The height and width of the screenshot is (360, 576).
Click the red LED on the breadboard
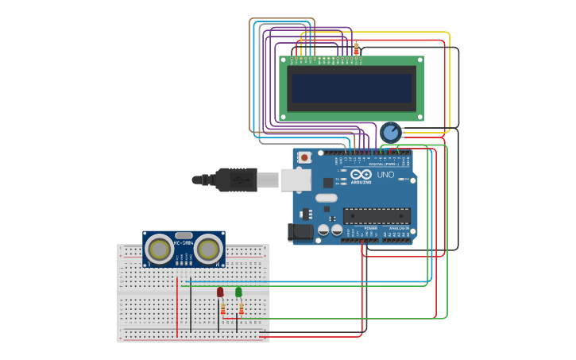(220, 292)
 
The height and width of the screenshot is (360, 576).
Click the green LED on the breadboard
(238, 292)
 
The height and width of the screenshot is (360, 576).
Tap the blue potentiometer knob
(390, 132)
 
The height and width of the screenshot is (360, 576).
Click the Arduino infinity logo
(361, 175)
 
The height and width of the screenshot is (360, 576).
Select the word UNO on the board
(385, 175)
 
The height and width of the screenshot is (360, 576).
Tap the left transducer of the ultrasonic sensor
(160, 250)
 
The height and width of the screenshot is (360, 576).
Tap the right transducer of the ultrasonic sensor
(207, 250)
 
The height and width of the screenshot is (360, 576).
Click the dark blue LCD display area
(351, 88)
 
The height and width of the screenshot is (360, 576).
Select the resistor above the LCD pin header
(356, 48)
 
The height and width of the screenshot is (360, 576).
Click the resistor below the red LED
(223, 308)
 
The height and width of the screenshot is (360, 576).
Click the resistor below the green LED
(242, 308)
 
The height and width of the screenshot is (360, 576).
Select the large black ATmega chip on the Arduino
(377, 215)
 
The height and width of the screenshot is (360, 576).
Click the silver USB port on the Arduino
(295, 180)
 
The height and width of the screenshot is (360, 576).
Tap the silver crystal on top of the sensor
(184, 235)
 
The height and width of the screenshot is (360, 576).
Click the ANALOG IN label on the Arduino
(396, 228)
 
